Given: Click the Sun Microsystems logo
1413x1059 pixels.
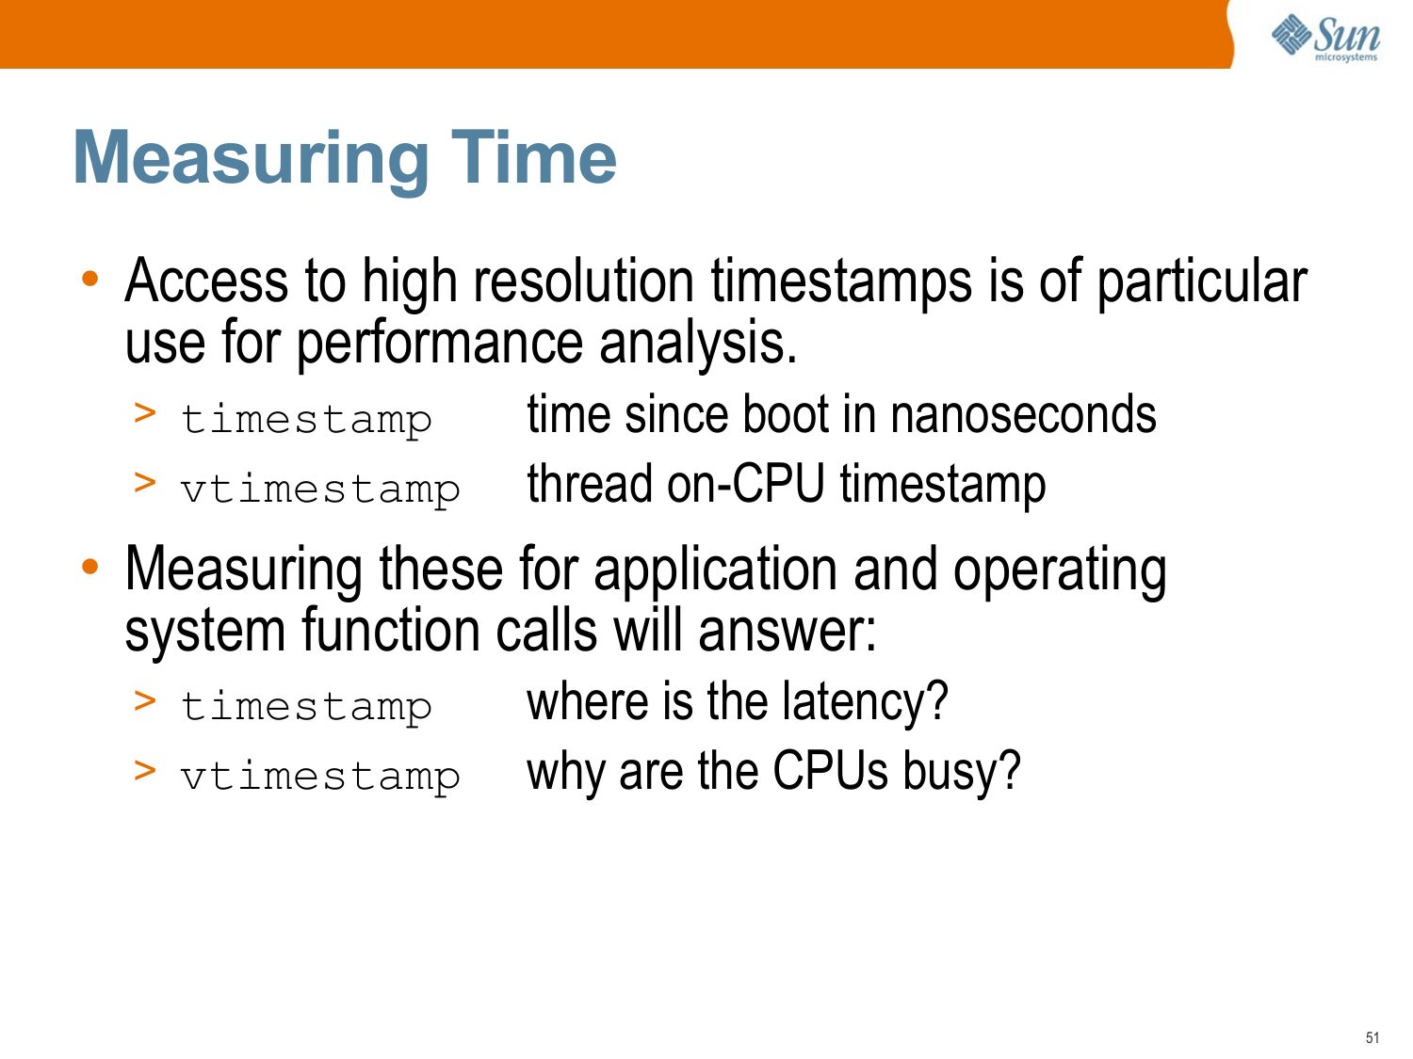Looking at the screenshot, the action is tap(1325, 38).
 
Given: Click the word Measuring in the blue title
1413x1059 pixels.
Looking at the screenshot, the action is tap(252, 159).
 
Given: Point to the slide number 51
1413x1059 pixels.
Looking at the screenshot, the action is tap(1372, 1037).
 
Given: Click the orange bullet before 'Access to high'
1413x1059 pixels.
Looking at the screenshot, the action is tap(90, 279).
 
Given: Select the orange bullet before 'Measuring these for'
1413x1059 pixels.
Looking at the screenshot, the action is tap(90, 567).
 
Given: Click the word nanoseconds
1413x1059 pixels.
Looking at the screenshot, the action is tap(1023, 415).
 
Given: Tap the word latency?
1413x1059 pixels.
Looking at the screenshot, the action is tap(865, 701).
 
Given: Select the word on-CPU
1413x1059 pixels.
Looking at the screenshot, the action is tap(745, 484).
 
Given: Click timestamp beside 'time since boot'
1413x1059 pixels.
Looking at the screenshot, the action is tap(306, 421).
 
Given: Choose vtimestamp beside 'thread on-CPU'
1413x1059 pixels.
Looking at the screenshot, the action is tap(320, 489).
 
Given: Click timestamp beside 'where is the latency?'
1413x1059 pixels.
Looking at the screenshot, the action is tap(306, 707).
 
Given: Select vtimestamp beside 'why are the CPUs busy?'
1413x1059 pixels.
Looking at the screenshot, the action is tap(320, 777).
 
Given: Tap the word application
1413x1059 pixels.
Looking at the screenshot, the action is tap(715, 570).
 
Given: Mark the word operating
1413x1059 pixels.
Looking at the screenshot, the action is tap(1060, 570).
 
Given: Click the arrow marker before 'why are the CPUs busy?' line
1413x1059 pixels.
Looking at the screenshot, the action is tap(145, 770).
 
